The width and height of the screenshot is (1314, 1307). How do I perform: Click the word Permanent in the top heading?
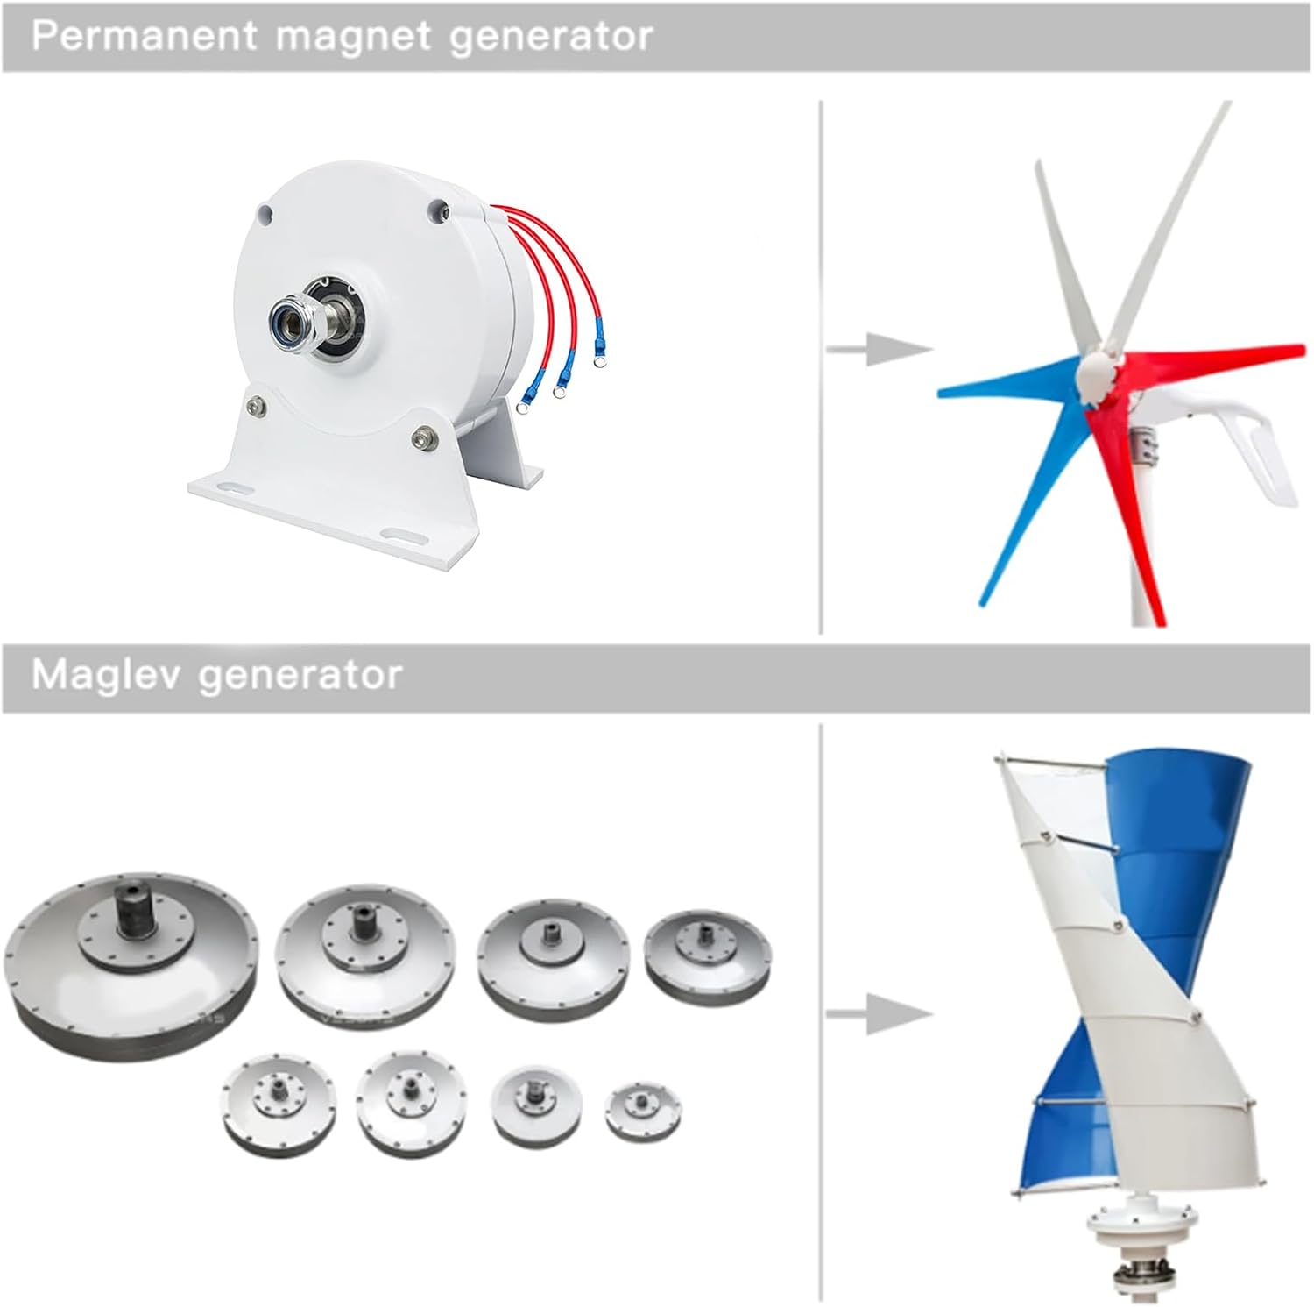click(x=145, y=36)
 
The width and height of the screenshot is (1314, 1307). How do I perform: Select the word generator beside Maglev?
click(x=300, y=676)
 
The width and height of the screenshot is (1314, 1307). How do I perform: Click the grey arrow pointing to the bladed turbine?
click(x=879, y=349)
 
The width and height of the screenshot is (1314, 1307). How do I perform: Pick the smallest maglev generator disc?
click(x=643, y=1112)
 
